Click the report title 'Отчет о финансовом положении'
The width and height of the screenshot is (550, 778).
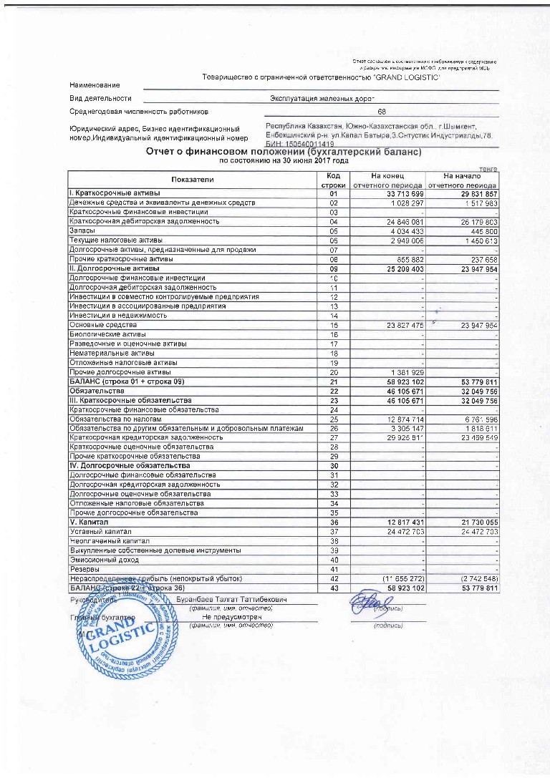[284, 152]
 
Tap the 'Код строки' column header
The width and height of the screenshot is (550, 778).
[333, 180]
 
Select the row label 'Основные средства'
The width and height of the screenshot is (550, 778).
[98, 325]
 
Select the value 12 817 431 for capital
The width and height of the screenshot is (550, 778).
[402, 522]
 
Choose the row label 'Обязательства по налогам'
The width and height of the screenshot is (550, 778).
[110, 419]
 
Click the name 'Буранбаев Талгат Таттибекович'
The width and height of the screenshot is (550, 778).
[232, 598]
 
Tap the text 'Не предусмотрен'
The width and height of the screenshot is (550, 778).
[232, 616]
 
